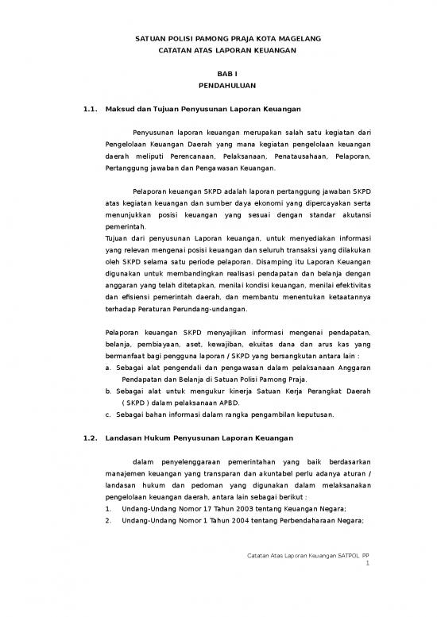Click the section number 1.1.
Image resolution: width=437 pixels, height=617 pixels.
tap(90, 108)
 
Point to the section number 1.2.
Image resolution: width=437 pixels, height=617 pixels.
tap(90, 438)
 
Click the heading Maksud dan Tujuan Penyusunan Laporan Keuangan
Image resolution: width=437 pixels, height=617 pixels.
tap(202, 108)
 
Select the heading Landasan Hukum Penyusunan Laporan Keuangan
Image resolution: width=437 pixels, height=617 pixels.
tap(199, 438)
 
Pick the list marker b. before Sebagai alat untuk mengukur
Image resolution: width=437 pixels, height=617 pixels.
tap(109, 391)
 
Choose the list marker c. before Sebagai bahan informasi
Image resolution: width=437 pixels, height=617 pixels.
tap(109, 415)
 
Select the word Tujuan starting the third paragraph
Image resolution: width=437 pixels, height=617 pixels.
tap(118, 237)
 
